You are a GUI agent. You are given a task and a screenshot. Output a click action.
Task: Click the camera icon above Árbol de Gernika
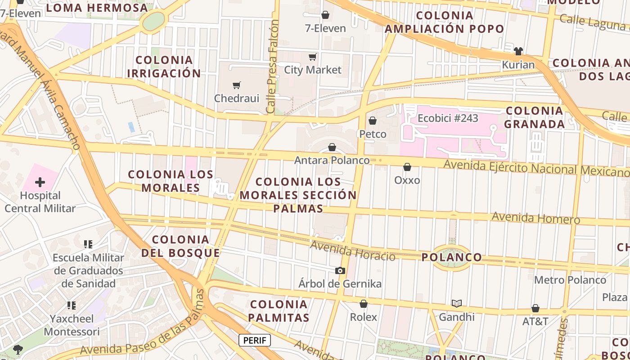340,270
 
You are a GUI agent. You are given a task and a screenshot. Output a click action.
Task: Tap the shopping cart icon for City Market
312,57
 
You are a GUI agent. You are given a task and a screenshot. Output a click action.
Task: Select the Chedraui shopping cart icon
237,85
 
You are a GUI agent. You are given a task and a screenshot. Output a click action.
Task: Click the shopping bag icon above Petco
373,121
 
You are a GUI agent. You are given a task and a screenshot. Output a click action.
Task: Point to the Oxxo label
407,180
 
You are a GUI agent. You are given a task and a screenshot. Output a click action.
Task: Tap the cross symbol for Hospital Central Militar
40,182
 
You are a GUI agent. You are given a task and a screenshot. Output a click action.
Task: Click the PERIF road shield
254,340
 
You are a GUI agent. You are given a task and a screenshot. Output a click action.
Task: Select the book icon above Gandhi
457,304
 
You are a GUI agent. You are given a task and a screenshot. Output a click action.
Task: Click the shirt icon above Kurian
518,51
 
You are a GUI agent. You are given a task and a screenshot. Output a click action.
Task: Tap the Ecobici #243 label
448,118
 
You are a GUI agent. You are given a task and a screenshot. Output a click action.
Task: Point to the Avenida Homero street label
535,218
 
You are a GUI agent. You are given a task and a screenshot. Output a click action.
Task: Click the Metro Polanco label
570,280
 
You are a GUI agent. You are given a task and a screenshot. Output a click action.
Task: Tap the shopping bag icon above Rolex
364,304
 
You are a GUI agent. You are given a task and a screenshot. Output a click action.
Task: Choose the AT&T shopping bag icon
535,308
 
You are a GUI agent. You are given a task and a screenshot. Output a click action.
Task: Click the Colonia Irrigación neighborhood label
164,67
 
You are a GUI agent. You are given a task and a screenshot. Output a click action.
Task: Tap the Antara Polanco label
332,160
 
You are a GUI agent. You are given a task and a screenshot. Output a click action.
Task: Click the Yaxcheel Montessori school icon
71,306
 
